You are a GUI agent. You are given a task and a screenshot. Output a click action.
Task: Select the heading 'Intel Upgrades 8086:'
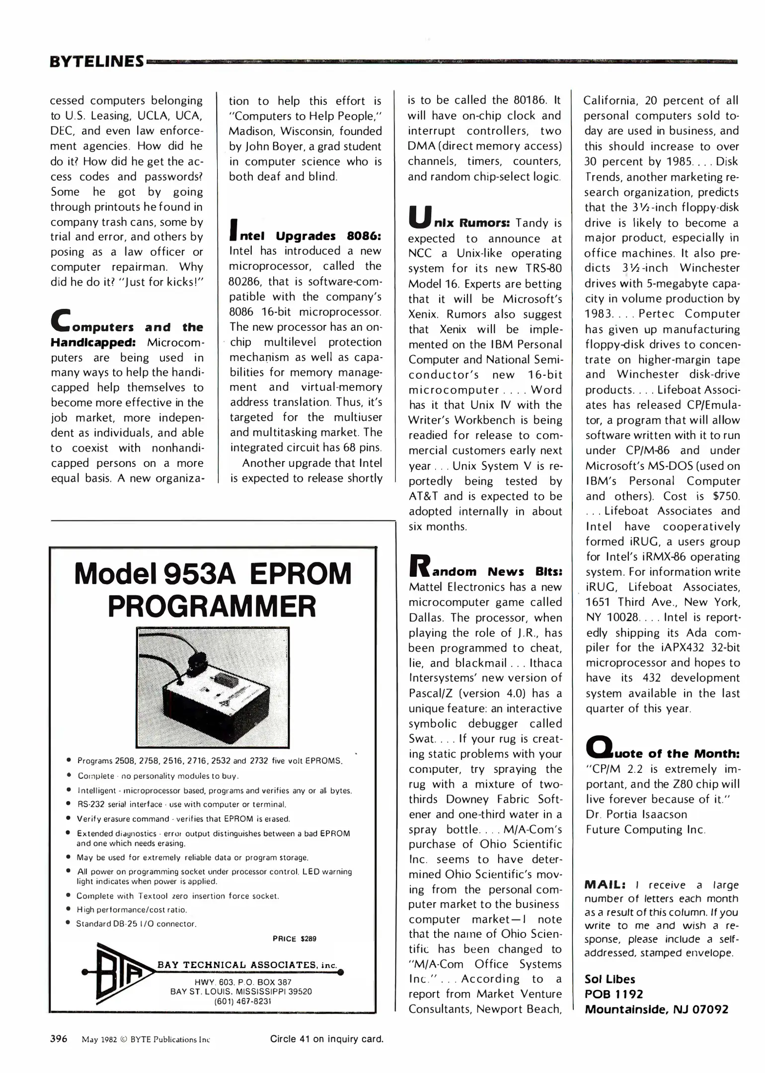(x=305, y=235)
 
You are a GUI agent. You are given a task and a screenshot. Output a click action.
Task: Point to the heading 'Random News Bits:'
(x=485, y=570)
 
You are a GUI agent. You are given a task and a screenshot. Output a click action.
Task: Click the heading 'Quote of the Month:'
(x=663, y=752)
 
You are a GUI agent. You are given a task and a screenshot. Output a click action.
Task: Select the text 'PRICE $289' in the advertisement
(x=294, y=938)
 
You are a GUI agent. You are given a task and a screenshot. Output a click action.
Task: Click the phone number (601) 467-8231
(x=242, y=1001)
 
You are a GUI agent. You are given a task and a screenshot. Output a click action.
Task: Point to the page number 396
(x=59, y=1039)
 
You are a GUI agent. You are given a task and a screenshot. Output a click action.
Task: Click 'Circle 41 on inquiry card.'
(x=326, y=1039)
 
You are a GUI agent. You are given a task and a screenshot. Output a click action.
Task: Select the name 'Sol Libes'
(x=610, y=979)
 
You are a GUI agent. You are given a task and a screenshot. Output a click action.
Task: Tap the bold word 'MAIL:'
(x=605, y=885)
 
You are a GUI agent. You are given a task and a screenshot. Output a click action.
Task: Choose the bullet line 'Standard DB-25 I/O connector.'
(x=136, y=923)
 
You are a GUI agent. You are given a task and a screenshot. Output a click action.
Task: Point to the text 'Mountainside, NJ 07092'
(x=656, y=1009)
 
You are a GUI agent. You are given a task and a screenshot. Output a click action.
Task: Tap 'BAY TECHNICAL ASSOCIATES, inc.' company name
(x=247, y=965)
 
